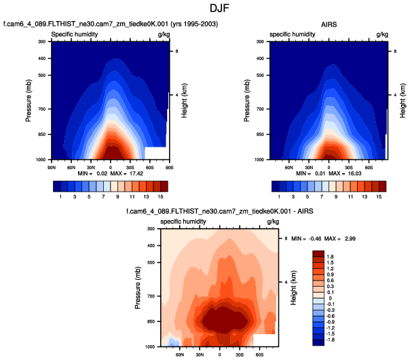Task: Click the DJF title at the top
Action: click(204, 10)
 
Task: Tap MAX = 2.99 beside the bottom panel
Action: click(354, 238)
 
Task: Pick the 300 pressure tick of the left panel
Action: click(41, 42)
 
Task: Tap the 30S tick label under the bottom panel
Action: click(239, 354)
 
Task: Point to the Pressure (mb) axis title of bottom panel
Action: click(138, 287)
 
